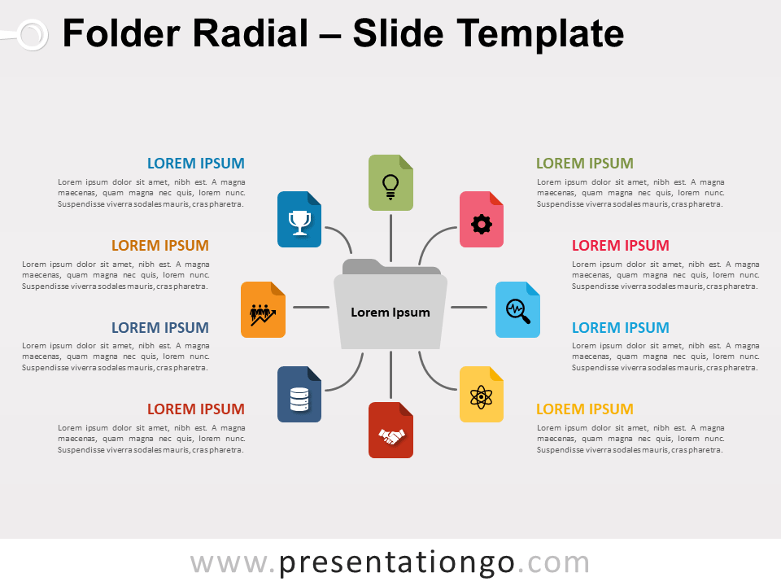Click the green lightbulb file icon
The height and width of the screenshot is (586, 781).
pos(390,183)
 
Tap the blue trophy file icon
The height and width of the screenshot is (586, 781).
pos(299,220)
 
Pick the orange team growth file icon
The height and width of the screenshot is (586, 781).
pos(263,309)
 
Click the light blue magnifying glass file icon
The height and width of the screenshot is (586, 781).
pos(517,309)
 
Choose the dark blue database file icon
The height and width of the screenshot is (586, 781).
pos(299,395)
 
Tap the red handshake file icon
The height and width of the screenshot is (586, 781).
pos(390,431)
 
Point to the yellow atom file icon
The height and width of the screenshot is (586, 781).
pos(482,395)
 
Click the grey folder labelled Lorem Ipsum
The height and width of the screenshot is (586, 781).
pos(390,311)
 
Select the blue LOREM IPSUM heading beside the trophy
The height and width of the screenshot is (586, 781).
pos(195,164)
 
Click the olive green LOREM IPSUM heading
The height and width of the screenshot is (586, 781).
pos(584,164)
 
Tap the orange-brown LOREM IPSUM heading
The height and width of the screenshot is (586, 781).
pos(159,246)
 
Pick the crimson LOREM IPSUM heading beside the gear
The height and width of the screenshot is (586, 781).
pos(620,246)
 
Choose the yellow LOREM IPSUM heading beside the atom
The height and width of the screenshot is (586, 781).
pos(584,409)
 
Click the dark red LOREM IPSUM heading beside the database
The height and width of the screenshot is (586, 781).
pos(195,409)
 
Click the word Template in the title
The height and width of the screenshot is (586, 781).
pos(540,34)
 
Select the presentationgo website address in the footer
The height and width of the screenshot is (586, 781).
pos(390,562)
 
